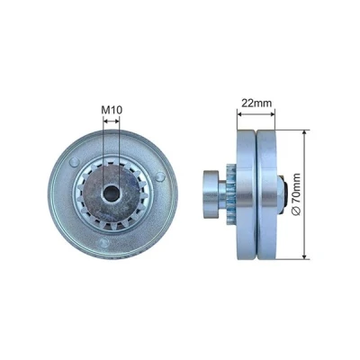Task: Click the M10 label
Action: [x=112, y=110]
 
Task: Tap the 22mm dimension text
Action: [x=256, y=103]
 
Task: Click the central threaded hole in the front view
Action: [x=112, y=193]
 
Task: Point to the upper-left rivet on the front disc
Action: [x=74, y=162]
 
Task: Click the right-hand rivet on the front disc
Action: [x=160, y=176]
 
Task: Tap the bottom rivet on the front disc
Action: [x=104, y=242]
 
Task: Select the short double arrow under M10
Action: [x=112, y=121]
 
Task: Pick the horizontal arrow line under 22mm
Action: [x=256, y=114]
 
